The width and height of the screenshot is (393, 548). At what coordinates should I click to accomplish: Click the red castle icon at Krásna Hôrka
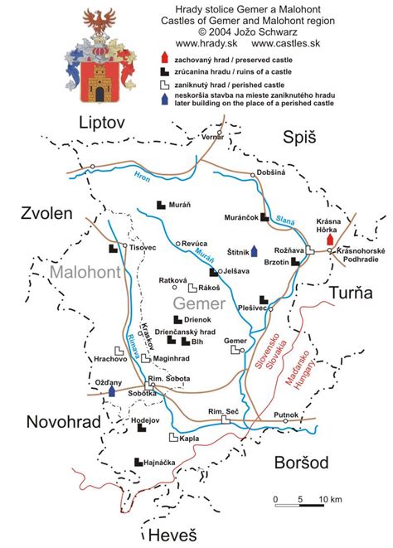click(330, 240)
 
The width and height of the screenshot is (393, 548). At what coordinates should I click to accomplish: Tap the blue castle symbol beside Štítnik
click(255, 251)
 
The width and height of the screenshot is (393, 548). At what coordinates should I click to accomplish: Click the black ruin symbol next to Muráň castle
click(161, 205)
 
